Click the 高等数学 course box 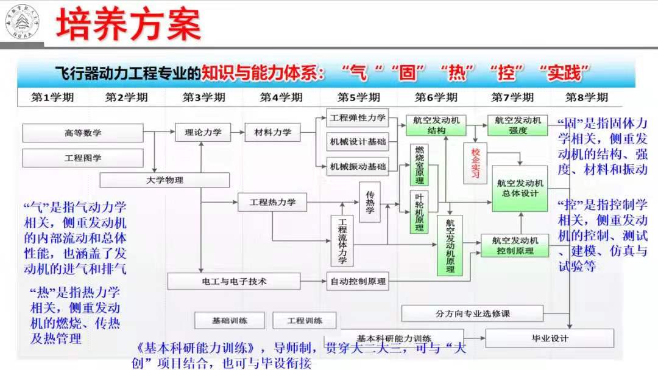[83, 133]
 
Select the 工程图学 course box [83, 158]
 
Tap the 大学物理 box [164, 180]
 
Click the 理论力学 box [202, 132]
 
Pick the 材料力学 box [268, 132]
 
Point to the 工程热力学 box [272, 202]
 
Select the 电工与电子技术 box [234, 281]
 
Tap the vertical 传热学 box [369, 203]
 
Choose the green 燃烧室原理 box [420, 165]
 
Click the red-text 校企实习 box [475, 164]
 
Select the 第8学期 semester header [586, 97]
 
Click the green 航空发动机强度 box [518, 125]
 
